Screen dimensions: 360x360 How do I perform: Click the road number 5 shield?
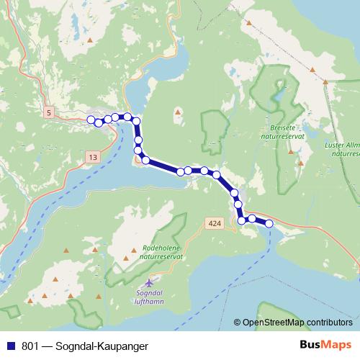pyautogui.click(x=48, y=113)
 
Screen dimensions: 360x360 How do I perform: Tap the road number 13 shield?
pyautogui.click(x=93, y=156)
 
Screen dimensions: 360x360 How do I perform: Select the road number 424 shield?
pyautogui.click(x=209, y=224)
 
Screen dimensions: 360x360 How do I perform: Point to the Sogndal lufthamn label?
pyautogui.click(x=150, y=297)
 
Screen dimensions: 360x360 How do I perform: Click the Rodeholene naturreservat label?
pyautogui.click(x=163, y=251)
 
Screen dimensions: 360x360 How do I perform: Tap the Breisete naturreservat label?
pyautogui.click(x=282, y=130)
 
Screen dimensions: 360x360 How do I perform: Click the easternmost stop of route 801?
pyautogui.click(x=269, y=223)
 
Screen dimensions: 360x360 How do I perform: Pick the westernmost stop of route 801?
pyautogui.click(x=91, y=120)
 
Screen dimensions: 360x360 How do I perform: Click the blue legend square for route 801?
pyautogui.click(x=11, y=346)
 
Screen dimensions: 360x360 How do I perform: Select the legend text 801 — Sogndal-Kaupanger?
pyautogui.click(x=85, y=346)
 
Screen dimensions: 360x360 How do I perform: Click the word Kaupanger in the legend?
pyautogui.click(x=123, y=346)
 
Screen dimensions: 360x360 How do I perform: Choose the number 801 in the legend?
pyautogui.click(x=32, y=346)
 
